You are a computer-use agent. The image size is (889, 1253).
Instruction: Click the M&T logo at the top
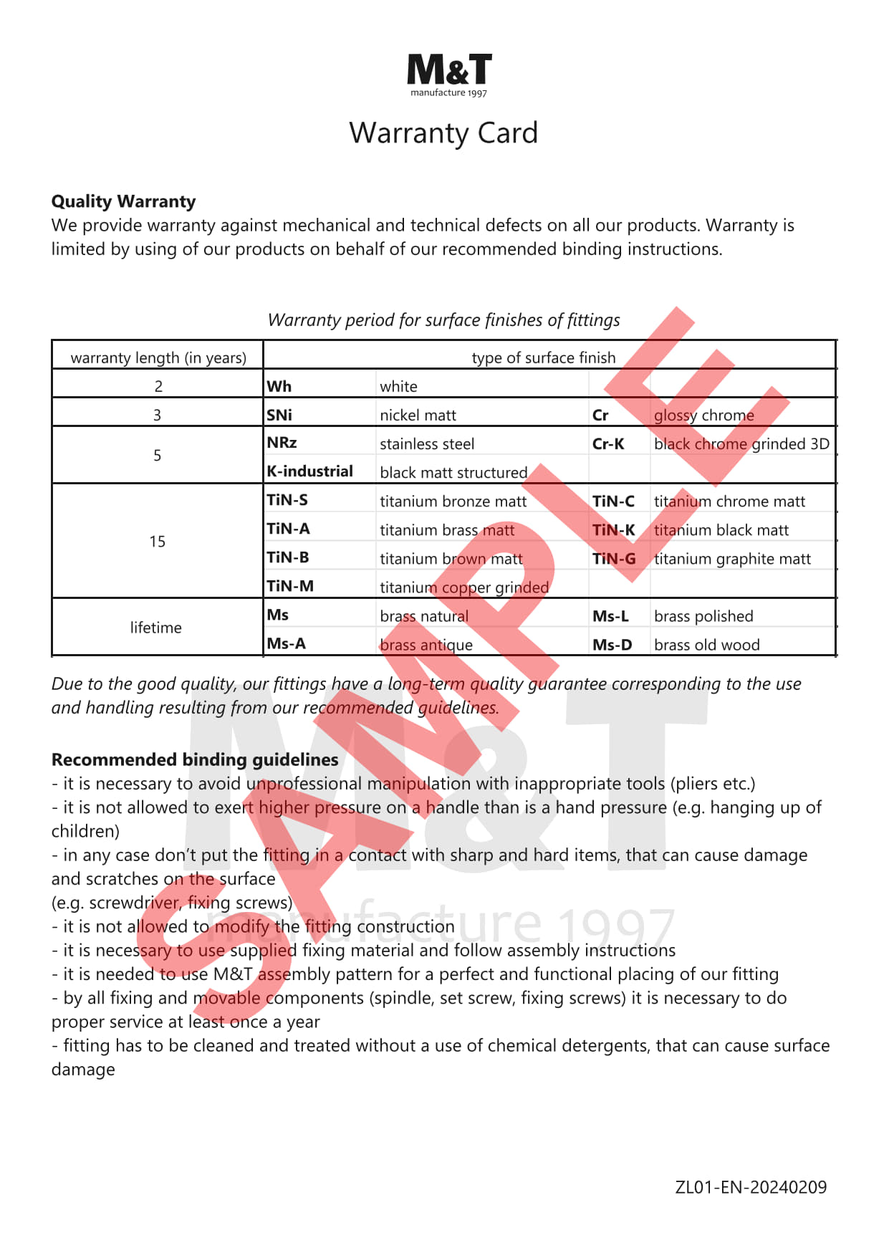click(449, 74)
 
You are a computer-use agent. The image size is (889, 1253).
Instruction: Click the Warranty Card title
click(443, 133)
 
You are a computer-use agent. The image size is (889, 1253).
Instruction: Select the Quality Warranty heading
click(123, 201)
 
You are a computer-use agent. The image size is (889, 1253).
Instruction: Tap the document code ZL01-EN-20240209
click(751, 1187)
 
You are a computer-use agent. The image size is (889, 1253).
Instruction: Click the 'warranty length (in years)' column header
click(158, 357)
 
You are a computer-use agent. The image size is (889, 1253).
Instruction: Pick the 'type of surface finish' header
click(543, 357)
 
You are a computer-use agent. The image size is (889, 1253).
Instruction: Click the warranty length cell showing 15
click(158, 542)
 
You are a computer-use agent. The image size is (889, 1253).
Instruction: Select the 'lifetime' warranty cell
click(156, 628)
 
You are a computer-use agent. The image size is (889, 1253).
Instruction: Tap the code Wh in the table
click(279, 387)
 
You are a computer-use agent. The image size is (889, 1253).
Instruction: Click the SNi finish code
click(279, 416)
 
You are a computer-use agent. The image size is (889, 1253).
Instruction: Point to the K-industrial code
click(309, 471)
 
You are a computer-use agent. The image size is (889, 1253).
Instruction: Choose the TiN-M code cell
click(290, 586)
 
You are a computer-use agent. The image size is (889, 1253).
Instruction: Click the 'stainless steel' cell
click(427, 444)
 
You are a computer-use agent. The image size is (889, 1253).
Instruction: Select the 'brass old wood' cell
click(706, 645)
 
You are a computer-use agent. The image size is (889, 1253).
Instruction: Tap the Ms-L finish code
click(610, 616)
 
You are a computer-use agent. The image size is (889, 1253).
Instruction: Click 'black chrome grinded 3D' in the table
click(741, 444)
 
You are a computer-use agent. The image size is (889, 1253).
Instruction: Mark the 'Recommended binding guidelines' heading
click(195, 760)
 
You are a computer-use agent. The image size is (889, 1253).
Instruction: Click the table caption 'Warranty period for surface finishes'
click(443, 320)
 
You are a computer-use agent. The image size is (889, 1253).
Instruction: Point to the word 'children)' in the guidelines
click(85, 831)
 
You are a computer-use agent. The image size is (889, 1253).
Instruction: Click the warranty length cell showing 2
click(158, 387)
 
